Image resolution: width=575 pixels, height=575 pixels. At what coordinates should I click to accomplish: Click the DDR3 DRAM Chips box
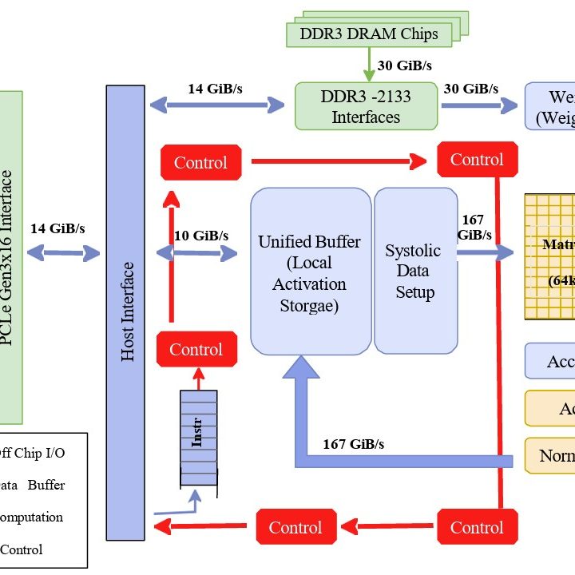(368, 34)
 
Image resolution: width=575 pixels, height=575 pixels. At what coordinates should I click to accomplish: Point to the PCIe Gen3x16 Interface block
(10, 256)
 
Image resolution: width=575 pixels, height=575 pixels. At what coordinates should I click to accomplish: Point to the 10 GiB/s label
(201, 236)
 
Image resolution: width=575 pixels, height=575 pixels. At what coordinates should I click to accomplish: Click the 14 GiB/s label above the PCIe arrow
(57, 228)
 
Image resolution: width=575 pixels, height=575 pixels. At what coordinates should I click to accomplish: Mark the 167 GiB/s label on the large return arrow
(353, 443)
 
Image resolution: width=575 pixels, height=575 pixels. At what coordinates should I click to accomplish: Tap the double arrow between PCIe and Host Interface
(64, 253)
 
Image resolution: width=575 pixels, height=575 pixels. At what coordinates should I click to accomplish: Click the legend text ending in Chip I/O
(32, 453)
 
